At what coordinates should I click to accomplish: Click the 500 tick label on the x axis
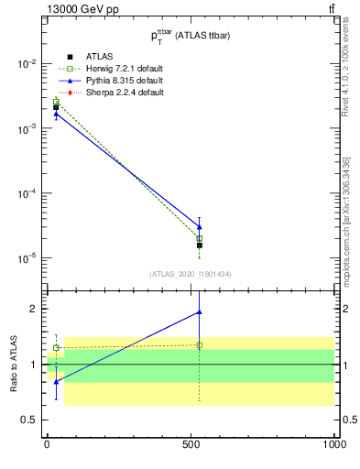click(191, 445)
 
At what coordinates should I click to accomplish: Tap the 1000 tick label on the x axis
click(333, 445)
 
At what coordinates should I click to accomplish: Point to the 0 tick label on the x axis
click(47, 445)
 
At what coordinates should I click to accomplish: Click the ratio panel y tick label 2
click(34, 309)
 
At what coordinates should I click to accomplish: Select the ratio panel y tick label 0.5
click(30, 420)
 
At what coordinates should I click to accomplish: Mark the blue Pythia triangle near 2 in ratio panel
click(200, 312)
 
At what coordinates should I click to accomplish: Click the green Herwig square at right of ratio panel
click(200, 345)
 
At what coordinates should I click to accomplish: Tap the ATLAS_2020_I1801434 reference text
click(191, 274)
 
